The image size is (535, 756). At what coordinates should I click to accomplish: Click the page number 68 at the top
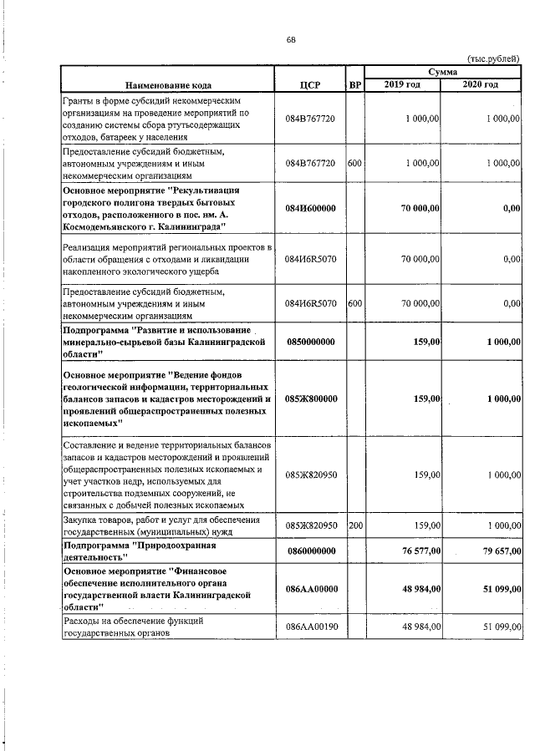pyautogui.click(x=291, y=39)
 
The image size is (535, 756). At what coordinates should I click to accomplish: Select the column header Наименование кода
pyautogui.click(x=168, y=84)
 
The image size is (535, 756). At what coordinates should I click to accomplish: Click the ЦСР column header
pyautogui.click(x=310, y=84)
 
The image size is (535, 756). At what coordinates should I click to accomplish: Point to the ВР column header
pyautogui.click(x=354, y=84)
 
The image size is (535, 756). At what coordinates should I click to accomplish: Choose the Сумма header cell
pyautogui.click(x=442, y=74)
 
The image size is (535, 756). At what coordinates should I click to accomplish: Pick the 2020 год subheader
pyautogui.click(x=481, y=84)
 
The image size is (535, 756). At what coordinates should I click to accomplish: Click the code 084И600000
pyautogui.click(x=310, y=208)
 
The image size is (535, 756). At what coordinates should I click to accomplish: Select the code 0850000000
pyautogui.click(x=310, y=342)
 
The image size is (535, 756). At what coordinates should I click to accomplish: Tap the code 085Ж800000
pyautogui.click(x=310, y=399)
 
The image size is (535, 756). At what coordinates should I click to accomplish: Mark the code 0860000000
pyautogui.click(x=310, y=551)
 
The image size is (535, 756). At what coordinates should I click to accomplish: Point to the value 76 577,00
pyautogui.click(x=417, y=551)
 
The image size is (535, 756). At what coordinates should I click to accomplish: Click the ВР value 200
pyautogui.click(x=354, y=525)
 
